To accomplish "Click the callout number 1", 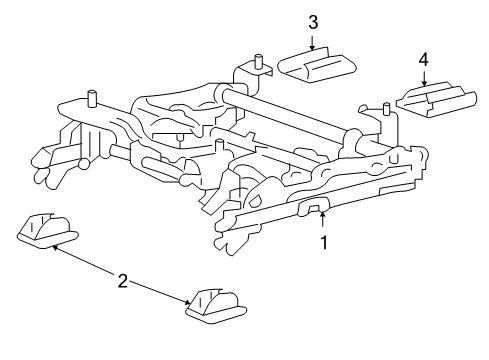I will [322, 242].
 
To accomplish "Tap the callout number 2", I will [123, 282].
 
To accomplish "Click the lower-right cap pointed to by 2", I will [213, 305].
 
